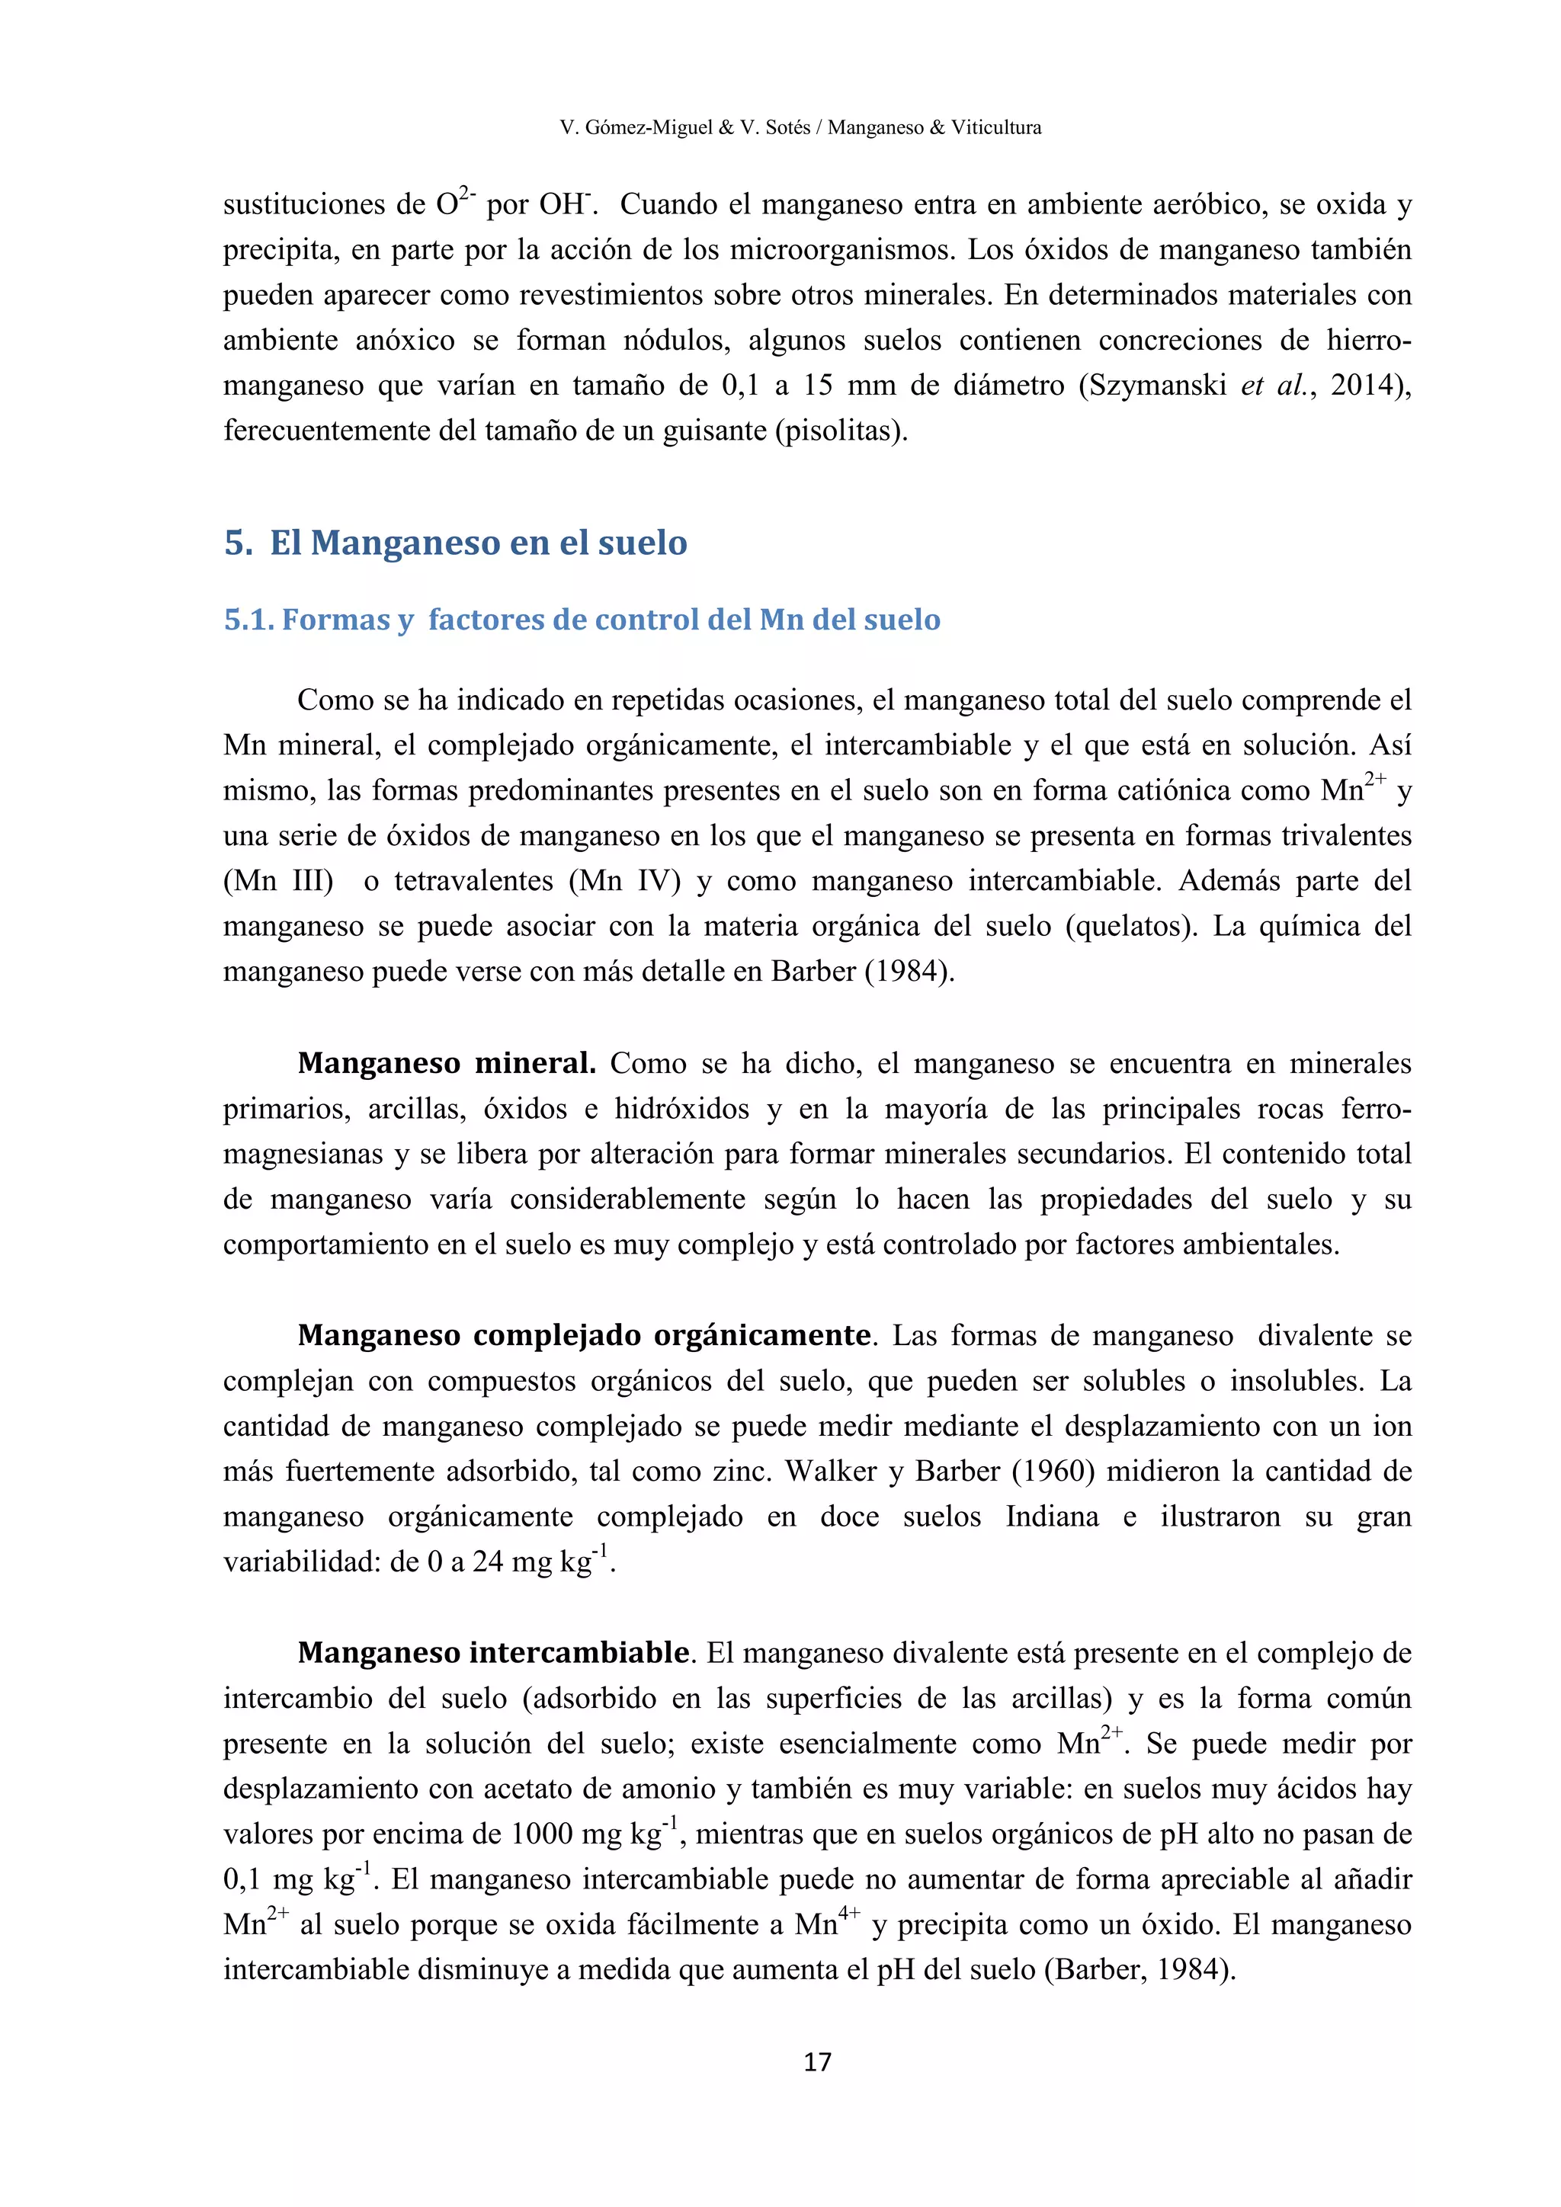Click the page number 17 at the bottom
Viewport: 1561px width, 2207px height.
[817, 2062]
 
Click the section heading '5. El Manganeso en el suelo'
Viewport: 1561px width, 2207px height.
[456, 543]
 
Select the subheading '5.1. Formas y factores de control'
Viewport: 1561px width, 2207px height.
[582, 620]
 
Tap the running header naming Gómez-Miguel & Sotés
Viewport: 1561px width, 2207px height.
[800, 127]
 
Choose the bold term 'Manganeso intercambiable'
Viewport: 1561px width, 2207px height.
[493, 1652]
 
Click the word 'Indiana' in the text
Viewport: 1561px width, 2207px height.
[1052, 1516]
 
